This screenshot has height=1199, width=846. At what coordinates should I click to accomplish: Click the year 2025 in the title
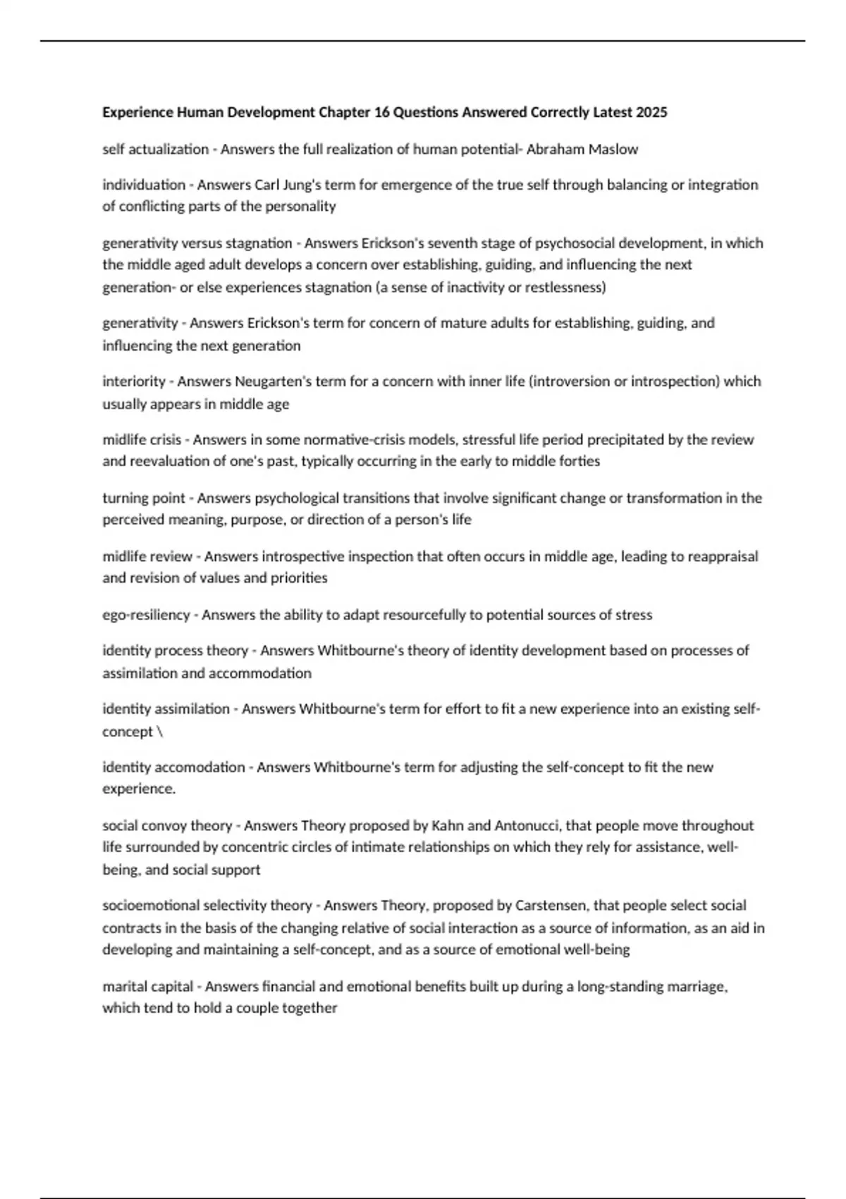(651, 113)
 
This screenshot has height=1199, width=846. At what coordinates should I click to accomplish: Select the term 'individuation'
(144, 185)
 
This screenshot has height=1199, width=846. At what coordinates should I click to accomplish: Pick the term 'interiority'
(133, 382)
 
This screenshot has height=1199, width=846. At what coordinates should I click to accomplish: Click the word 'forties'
(578, 461)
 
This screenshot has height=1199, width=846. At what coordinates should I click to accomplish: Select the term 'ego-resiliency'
(146, 615)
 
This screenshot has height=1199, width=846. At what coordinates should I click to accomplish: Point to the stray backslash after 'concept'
(160, 731)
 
